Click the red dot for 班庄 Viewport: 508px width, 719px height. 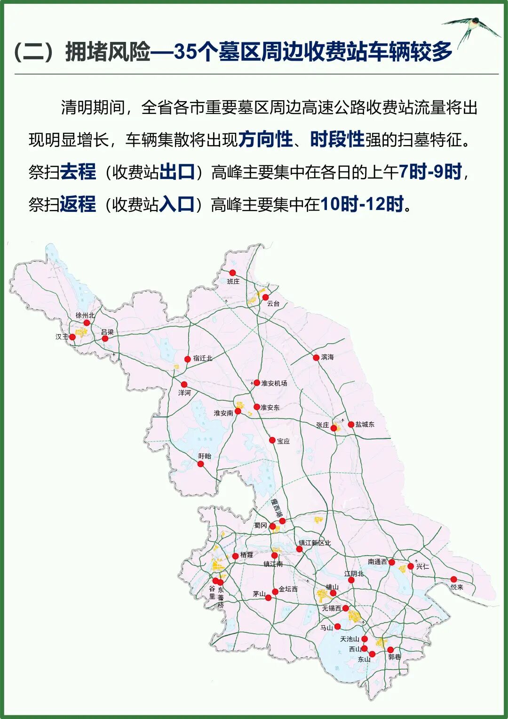click(232, 273)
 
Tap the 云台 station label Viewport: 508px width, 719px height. click(273, 304)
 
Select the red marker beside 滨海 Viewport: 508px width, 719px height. click(316, 358)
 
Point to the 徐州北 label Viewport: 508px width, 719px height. click(85, 315)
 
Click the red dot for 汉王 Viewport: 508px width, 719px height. click(72, 337)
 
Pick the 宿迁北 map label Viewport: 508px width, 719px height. click(203, 358)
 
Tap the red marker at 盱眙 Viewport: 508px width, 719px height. click(201, 464)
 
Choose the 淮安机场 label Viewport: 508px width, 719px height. click(274, 383)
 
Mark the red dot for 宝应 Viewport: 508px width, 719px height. click(272, 440)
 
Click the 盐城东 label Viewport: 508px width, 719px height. click(365, 424)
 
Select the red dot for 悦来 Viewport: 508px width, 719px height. click(453, 579)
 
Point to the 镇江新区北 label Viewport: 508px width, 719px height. click(315, 543)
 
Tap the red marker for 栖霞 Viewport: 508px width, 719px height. click(236, 556)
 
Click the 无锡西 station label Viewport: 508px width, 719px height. click(332, 608)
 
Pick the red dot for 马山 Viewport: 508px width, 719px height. click(337, 627)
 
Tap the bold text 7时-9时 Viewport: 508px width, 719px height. click(430, 172)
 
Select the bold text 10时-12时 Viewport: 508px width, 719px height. click(362, 204)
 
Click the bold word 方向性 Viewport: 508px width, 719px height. click(266, 140)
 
